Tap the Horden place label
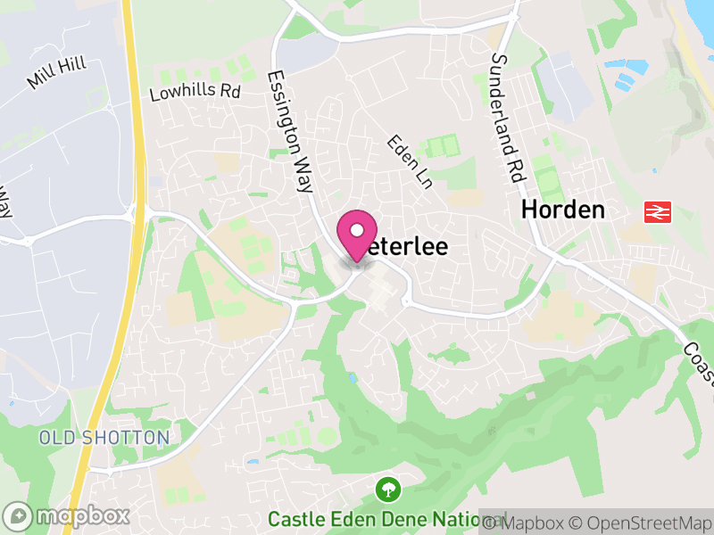[x=563, y=210]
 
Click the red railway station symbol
[x=658, y=212]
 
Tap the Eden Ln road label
[x=409, y=161]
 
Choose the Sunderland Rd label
[x=504, y=117]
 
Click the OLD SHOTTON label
[x=104, y=438]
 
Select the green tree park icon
[x=388, y=489]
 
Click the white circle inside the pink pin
[x=357, y=229]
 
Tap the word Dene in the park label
[x=408, y=519]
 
